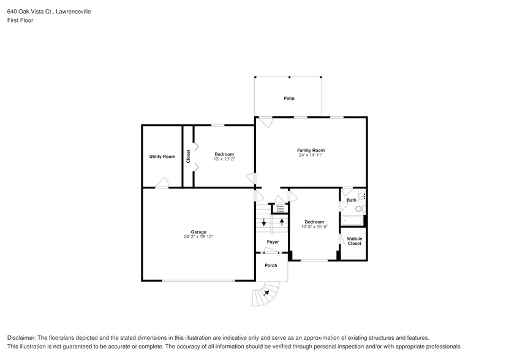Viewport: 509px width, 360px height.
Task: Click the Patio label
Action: point(288,98)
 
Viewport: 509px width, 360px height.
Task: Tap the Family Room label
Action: point(311,150)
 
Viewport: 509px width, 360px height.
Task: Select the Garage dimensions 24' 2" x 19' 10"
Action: point(198,237)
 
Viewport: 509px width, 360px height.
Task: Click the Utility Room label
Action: point(162,157)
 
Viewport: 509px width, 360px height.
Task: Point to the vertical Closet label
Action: point(189,156)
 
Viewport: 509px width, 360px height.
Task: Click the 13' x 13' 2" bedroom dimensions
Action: point(224,159)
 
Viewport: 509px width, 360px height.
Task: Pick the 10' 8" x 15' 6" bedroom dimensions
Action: point(314,227)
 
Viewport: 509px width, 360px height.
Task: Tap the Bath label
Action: point(351,200)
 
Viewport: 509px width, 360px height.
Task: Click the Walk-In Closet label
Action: point(354,241)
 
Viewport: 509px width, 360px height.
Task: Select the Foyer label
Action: point(273,242)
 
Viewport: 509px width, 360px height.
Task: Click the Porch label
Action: point(271,265)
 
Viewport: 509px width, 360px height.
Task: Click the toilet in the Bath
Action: point(361,209)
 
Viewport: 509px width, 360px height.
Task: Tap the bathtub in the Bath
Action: point(352,220)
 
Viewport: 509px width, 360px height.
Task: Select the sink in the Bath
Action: point(363,197)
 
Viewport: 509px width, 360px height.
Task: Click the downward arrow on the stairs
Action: point(263,222)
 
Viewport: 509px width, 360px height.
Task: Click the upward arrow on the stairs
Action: point(281,221)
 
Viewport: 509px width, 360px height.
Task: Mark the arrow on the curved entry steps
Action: point(266,293)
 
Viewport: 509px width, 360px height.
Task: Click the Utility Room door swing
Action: point(162,182)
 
